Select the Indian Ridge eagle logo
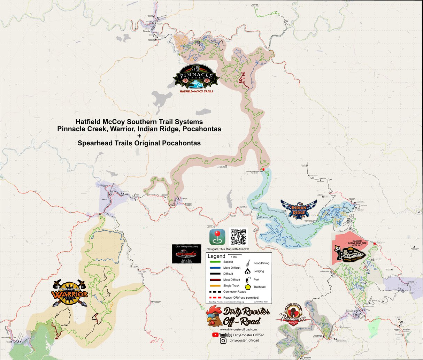299,209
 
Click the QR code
238,237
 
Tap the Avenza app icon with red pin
217,237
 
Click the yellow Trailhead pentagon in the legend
248,287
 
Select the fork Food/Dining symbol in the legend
248,263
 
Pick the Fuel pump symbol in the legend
248,279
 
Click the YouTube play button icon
215,335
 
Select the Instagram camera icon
223,340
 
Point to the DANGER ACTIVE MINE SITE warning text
357,243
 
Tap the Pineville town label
147,31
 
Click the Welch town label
104,199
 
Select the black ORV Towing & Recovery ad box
187,254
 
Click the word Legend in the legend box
216,256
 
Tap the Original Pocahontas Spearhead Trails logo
293,316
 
